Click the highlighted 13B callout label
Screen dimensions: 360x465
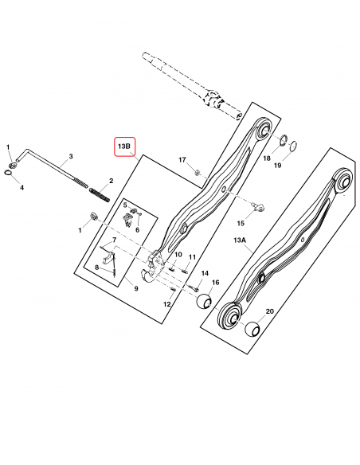pyautogui.click(x=124, y=147)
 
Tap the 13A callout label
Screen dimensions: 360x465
pyautogui.click(x=240, y=240)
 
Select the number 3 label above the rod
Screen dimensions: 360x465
pyautogui.click(x=71, y=156)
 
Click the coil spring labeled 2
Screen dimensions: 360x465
pyautogui.click(x=100, y=195)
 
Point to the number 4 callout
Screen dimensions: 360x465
pyautogui.click(x=22, y=188)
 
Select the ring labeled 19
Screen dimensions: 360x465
pyautogui.click(x=294, y=145)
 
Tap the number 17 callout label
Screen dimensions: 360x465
pyautogui.click(x=182, y=160)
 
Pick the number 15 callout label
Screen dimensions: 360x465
pyautogui.click(x=241, y=223)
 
